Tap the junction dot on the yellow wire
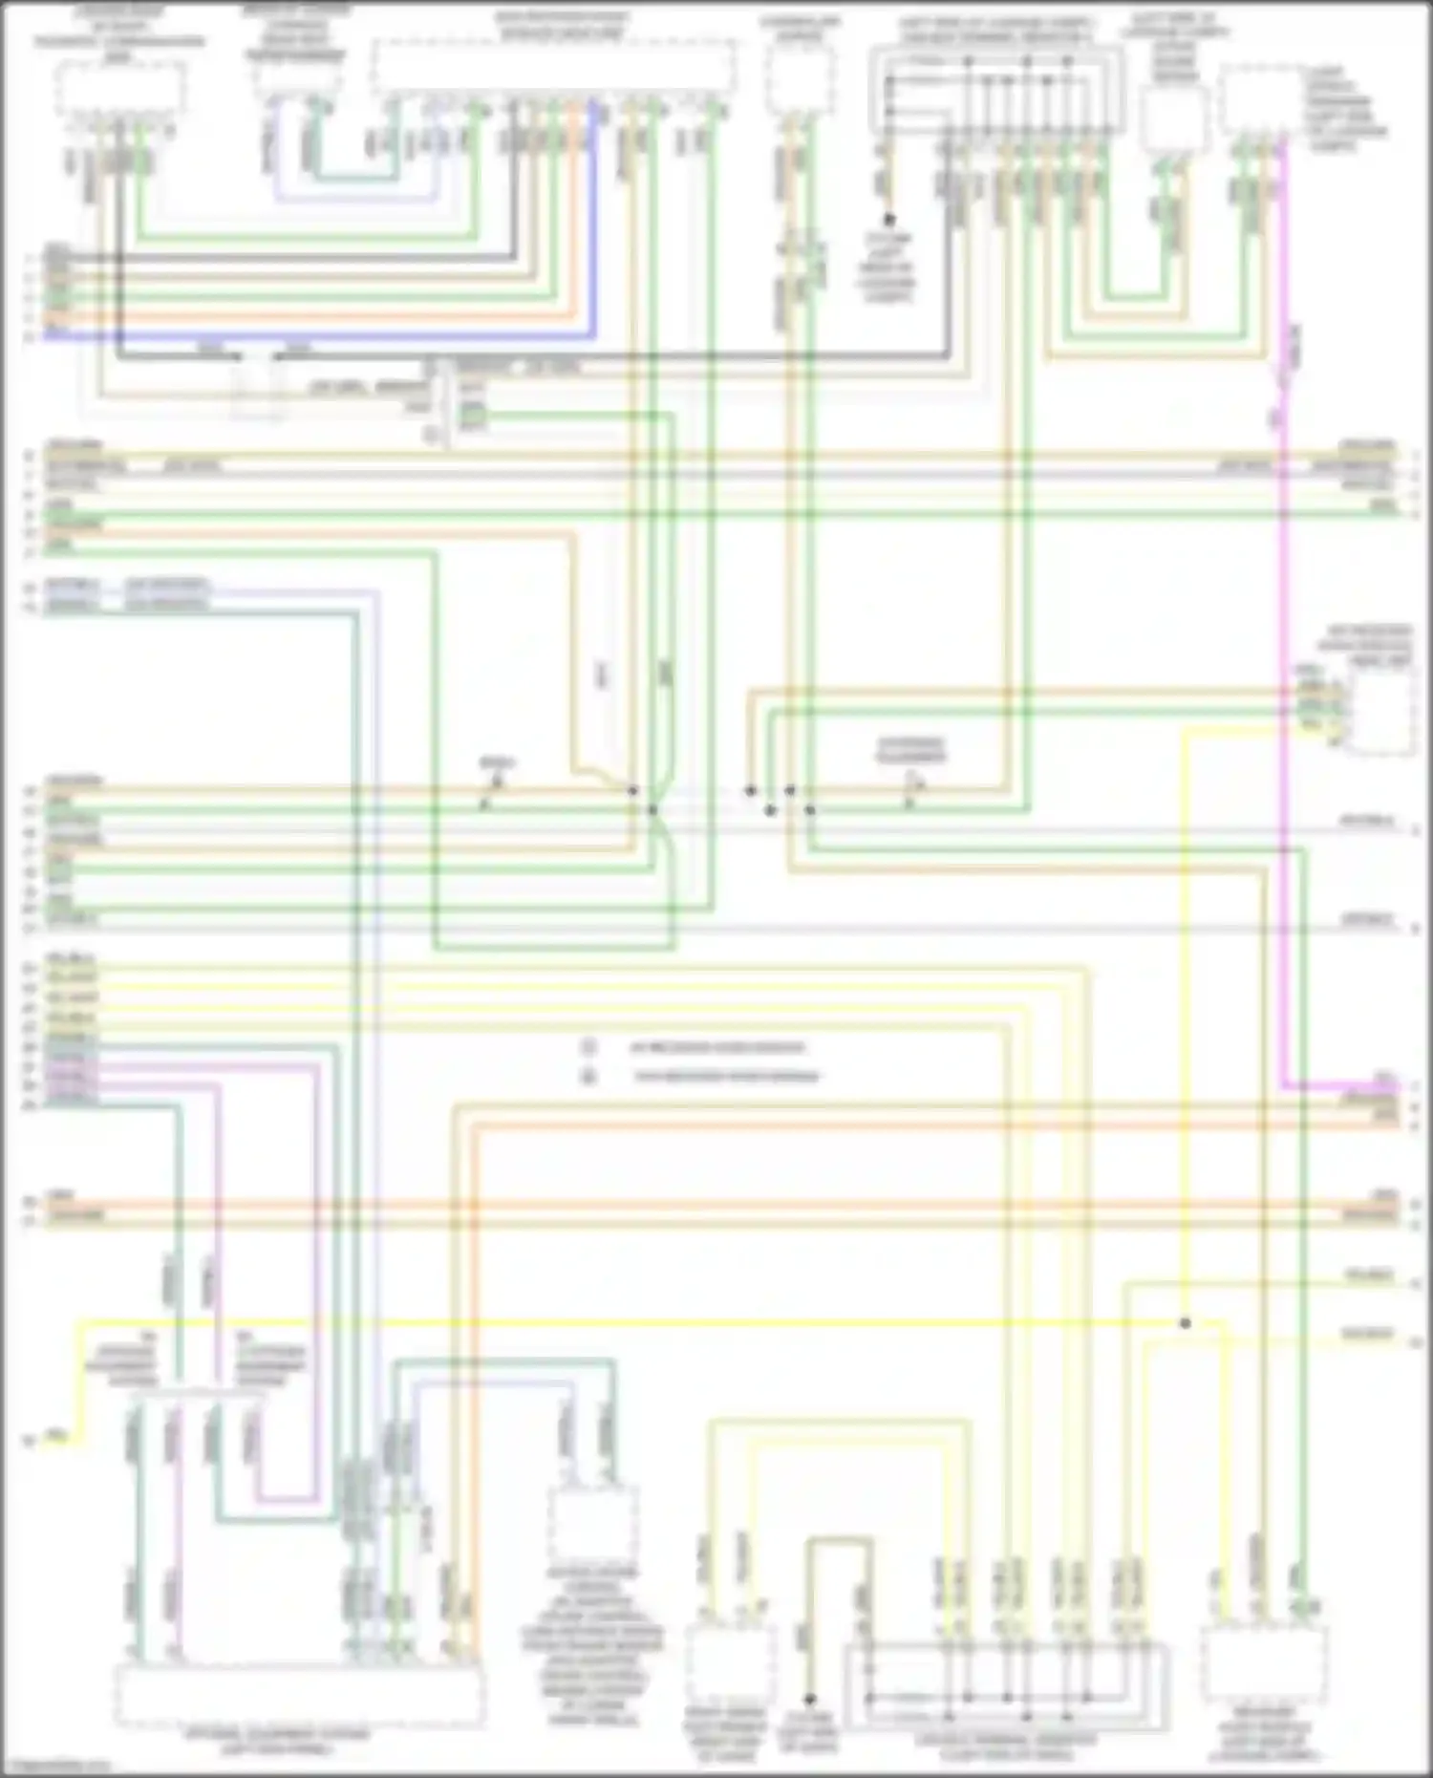click(x=1185, y=1323)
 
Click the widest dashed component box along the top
click(x=554, y=67)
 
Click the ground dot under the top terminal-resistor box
click(x=888, y=220)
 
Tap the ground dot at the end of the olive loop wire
click(x=809, y=1700)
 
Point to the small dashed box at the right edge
click(x=1381, y=712)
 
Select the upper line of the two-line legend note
click(x=716, y=1047)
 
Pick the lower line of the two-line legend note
click(x=726, y=1077)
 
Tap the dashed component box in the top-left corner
click(x=119, y=91)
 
